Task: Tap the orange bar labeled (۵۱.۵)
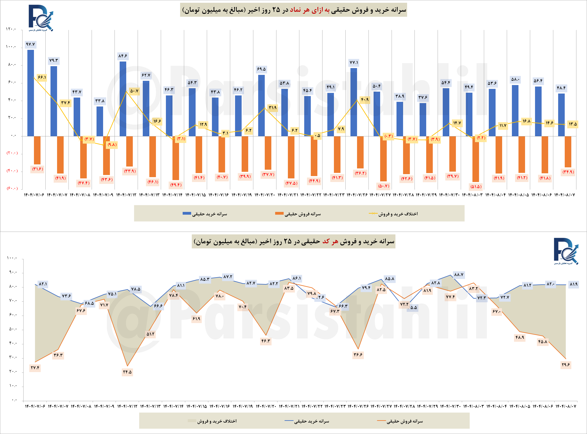click(x=475, y=159)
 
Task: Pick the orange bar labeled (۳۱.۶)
click(x=37, y=150)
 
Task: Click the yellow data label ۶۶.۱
click(x=42, y=77)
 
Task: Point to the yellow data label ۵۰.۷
click(x=134, y=91)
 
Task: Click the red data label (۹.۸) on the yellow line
click(x=112, y=145)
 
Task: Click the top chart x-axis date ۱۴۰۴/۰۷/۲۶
click(x=357, y=195)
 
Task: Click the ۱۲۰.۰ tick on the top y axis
click(x=11, y=29)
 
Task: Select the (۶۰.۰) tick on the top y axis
click(x=12, y=188)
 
